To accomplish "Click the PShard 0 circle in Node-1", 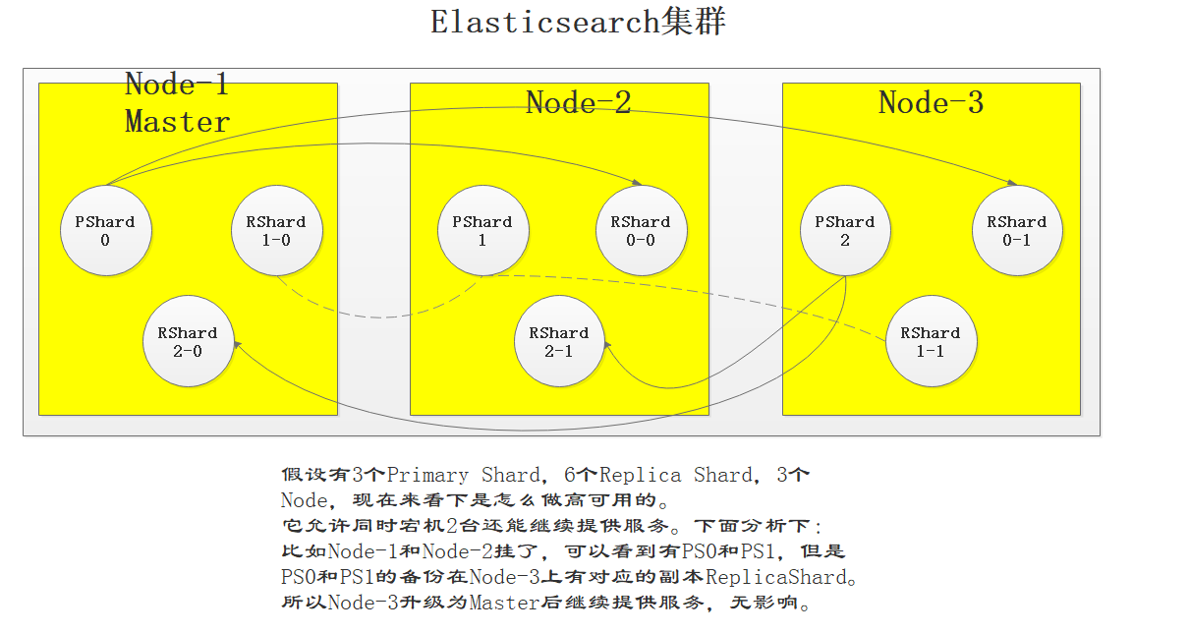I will click(x=105, y=231).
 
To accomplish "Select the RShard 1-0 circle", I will click(x=276, y=231).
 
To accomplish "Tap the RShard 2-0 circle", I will click(x=188, y=341).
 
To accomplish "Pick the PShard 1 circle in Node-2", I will click(x=482, y=231).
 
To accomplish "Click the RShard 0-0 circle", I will click(x=641, y=231).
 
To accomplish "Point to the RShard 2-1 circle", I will click(x=559, y=341).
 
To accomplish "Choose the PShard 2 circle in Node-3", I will click(x=845, y=231).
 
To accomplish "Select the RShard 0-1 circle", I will click(x=1017, y=231).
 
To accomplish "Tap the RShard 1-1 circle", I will click(x=931, y=341).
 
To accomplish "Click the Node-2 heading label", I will click(x=578, y=102).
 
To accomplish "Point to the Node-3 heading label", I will click(x=931, y=102).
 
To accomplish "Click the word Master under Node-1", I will click(x=177, y=122).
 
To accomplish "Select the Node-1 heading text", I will click(x=177, y=85).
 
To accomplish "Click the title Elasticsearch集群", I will click(x=578, y=22).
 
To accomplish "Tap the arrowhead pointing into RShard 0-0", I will click(x=638, y=183).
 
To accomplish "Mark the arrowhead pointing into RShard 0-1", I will click(x=1012, y=183).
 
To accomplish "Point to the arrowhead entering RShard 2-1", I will click(x=606, y=344).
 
